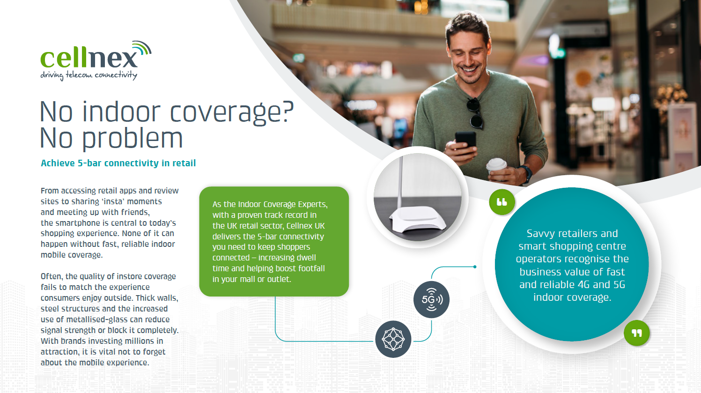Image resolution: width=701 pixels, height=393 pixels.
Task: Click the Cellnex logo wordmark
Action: [89, 58]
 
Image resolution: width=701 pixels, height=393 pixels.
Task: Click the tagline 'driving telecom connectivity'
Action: [89, 75]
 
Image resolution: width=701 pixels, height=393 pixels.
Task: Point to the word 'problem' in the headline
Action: [133, 139]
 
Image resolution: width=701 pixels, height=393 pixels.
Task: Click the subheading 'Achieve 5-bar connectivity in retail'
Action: [118, 163]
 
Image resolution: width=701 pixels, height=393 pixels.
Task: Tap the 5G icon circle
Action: [431, 300]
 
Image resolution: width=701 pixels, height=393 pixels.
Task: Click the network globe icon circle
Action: [393, 339]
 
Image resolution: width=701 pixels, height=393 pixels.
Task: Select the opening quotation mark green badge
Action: [502, 202]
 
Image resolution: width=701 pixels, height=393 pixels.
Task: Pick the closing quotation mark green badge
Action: [636, 333]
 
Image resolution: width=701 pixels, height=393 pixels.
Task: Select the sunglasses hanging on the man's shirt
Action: [475, 113]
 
